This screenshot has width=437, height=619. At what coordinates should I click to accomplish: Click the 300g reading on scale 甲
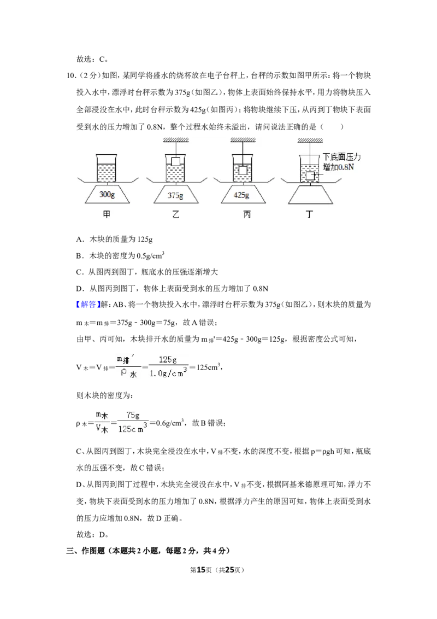click(107, 194)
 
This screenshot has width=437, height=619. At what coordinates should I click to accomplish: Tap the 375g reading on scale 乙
click(175, 195)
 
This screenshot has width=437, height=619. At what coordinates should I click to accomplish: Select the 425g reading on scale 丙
click(241, 195)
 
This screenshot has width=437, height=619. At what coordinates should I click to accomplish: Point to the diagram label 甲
click(107, 214)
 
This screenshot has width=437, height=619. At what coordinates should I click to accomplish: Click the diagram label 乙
click(176, 214)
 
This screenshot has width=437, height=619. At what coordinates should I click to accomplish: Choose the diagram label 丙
click(247, 214)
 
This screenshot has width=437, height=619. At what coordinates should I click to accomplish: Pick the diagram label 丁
click(309, 214)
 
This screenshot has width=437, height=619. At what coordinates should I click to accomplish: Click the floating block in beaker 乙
click(176, 161)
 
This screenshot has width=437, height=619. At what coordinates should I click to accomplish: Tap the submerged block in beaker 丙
click(243, 170)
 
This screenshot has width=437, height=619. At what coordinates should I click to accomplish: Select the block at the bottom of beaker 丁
click(310, 176)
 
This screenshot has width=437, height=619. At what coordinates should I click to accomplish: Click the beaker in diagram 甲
click(107, 168)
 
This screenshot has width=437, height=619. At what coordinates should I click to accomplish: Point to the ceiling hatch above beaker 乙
click(176, 140)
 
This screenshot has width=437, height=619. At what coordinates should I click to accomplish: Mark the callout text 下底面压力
click(341, 157)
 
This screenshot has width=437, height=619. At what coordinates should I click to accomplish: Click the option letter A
click(79, 239)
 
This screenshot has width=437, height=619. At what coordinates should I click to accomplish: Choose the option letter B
click(79, 256)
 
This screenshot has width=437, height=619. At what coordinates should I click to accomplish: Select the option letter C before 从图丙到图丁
click(79, 272)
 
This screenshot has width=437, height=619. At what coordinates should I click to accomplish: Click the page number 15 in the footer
click(201, 570)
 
